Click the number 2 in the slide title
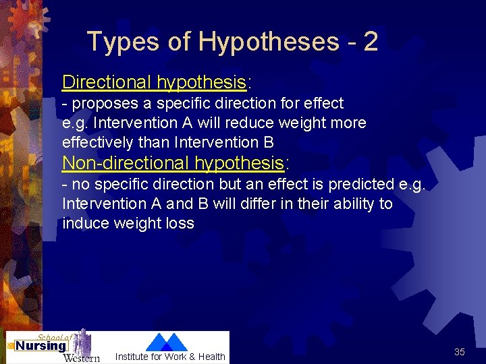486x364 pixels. tap(370, 42)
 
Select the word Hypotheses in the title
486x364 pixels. tap(268, 42)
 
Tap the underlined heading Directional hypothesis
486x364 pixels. tap(154, 82)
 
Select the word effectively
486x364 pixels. tap(99, 142)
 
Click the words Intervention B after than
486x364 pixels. tap(223, 142)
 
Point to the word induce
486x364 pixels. tap(84, 223)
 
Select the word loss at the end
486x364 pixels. tap(179, 223)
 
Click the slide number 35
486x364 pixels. tap(459, 352)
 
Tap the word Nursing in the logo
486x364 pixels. tap(40, 346)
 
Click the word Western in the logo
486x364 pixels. tap(81, 357)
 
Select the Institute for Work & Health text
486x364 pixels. tap(170, 357)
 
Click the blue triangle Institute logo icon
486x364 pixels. tap(167, 342)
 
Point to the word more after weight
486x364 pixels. tap(348, 123)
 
